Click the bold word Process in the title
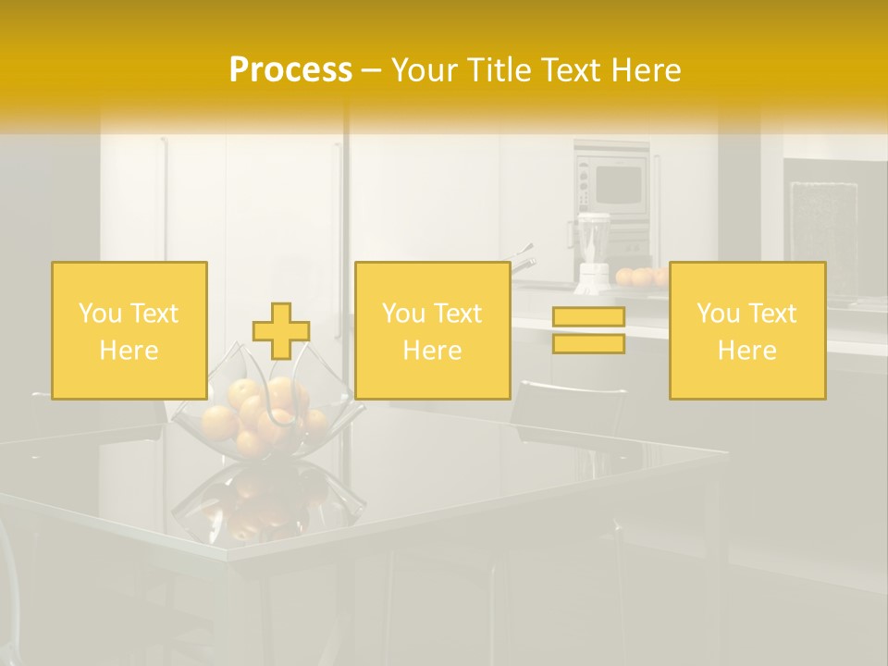[x=290, y=69]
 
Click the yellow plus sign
[x=281, y=331]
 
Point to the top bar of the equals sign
[x=588, y=317]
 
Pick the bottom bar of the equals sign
[x=588, y=344]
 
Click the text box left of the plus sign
[x=129, y=330]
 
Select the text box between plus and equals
[x=432, y=330]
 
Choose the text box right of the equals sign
[x=746, y=330]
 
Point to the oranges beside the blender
[x=641, y=276]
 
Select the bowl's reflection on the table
[x=264, y=504]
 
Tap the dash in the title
[x=372, y=70]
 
